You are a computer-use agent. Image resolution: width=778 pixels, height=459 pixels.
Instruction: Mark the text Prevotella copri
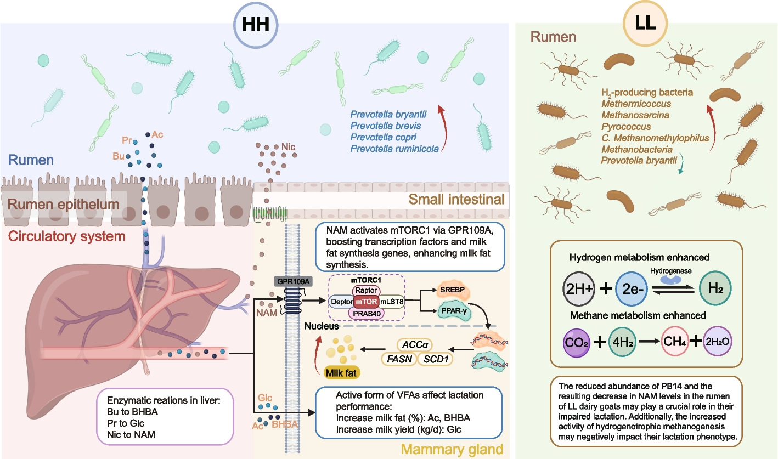[x=382, y=137]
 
